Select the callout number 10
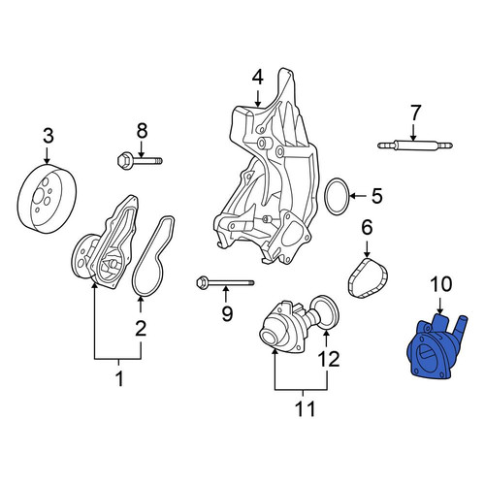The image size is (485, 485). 440,284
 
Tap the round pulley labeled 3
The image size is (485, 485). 47,199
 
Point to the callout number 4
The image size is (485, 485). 258,79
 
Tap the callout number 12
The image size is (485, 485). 329,360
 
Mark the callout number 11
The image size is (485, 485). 305,408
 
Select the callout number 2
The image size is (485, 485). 141,328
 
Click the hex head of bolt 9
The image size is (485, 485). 202,282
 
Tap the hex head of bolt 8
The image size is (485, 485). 123,160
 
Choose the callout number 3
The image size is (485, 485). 48,136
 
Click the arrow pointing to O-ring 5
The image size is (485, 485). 358,196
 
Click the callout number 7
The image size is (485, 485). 415,113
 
